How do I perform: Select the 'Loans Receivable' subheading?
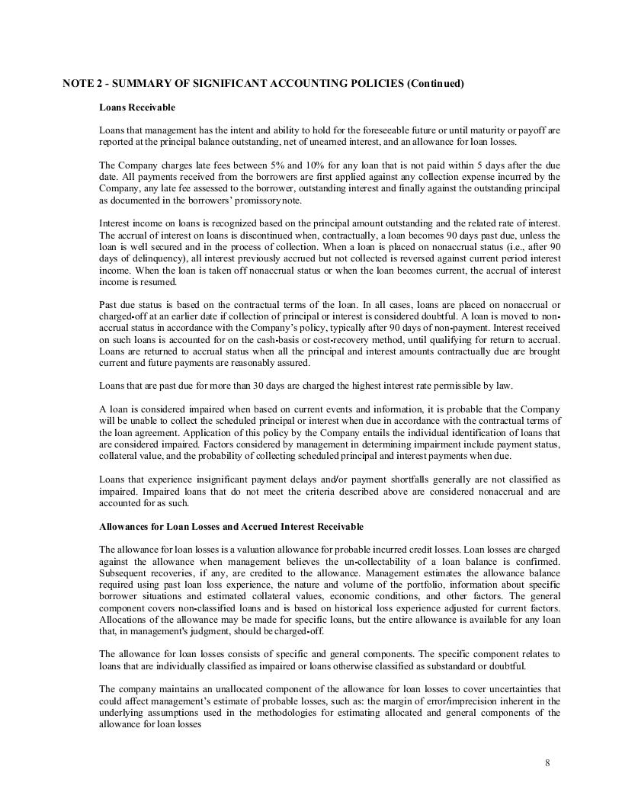tap(137, 107)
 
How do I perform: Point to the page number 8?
tap(547, 763)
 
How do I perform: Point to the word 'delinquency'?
tap(148, 259)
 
